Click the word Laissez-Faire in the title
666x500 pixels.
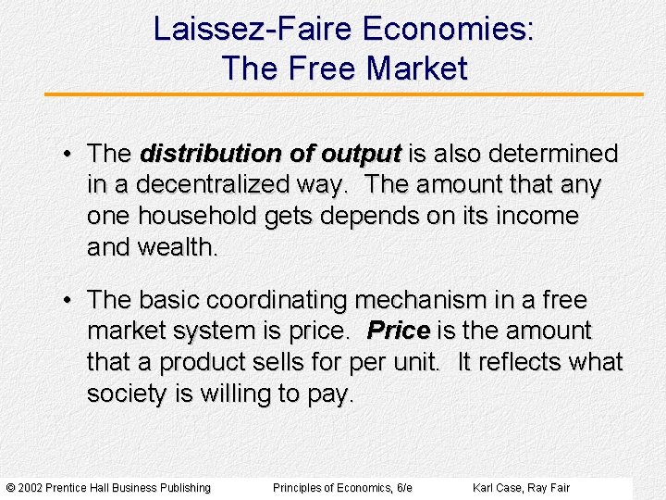coord(253,30)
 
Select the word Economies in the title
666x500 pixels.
coord(448,30)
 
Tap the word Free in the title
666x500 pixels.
coord(321,69)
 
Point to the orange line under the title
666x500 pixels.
coord(343,94)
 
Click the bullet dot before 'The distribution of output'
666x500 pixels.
coord(68,153)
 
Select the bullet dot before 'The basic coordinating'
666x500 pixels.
coord(68,300)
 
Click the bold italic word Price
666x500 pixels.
coord(398,331)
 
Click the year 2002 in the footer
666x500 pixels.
coord(30,488)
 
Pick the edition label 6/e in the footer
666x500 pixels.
coord(403,488)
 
